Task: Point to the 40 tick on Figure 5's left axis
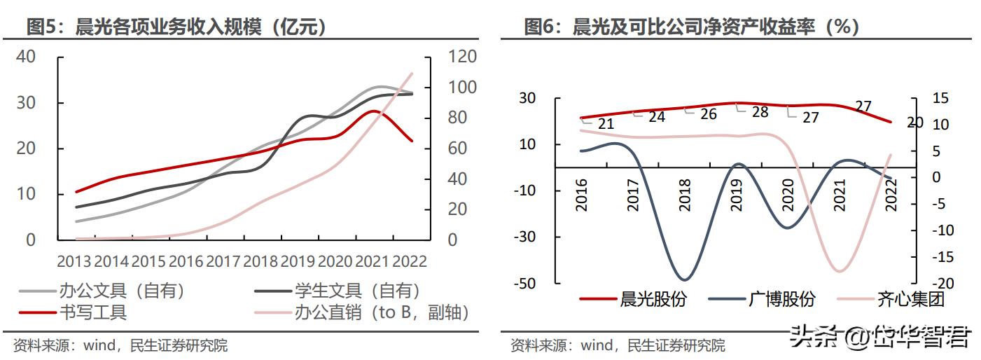[x=26, y=57]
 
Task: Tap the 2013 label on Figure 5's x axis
[x=74, y=261]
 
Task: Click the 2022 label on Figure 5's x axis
[x=410, y=261]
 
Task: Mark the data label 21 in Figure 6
[x=606, y=124]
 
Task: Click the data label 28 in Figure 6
[x=760, y=112]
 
